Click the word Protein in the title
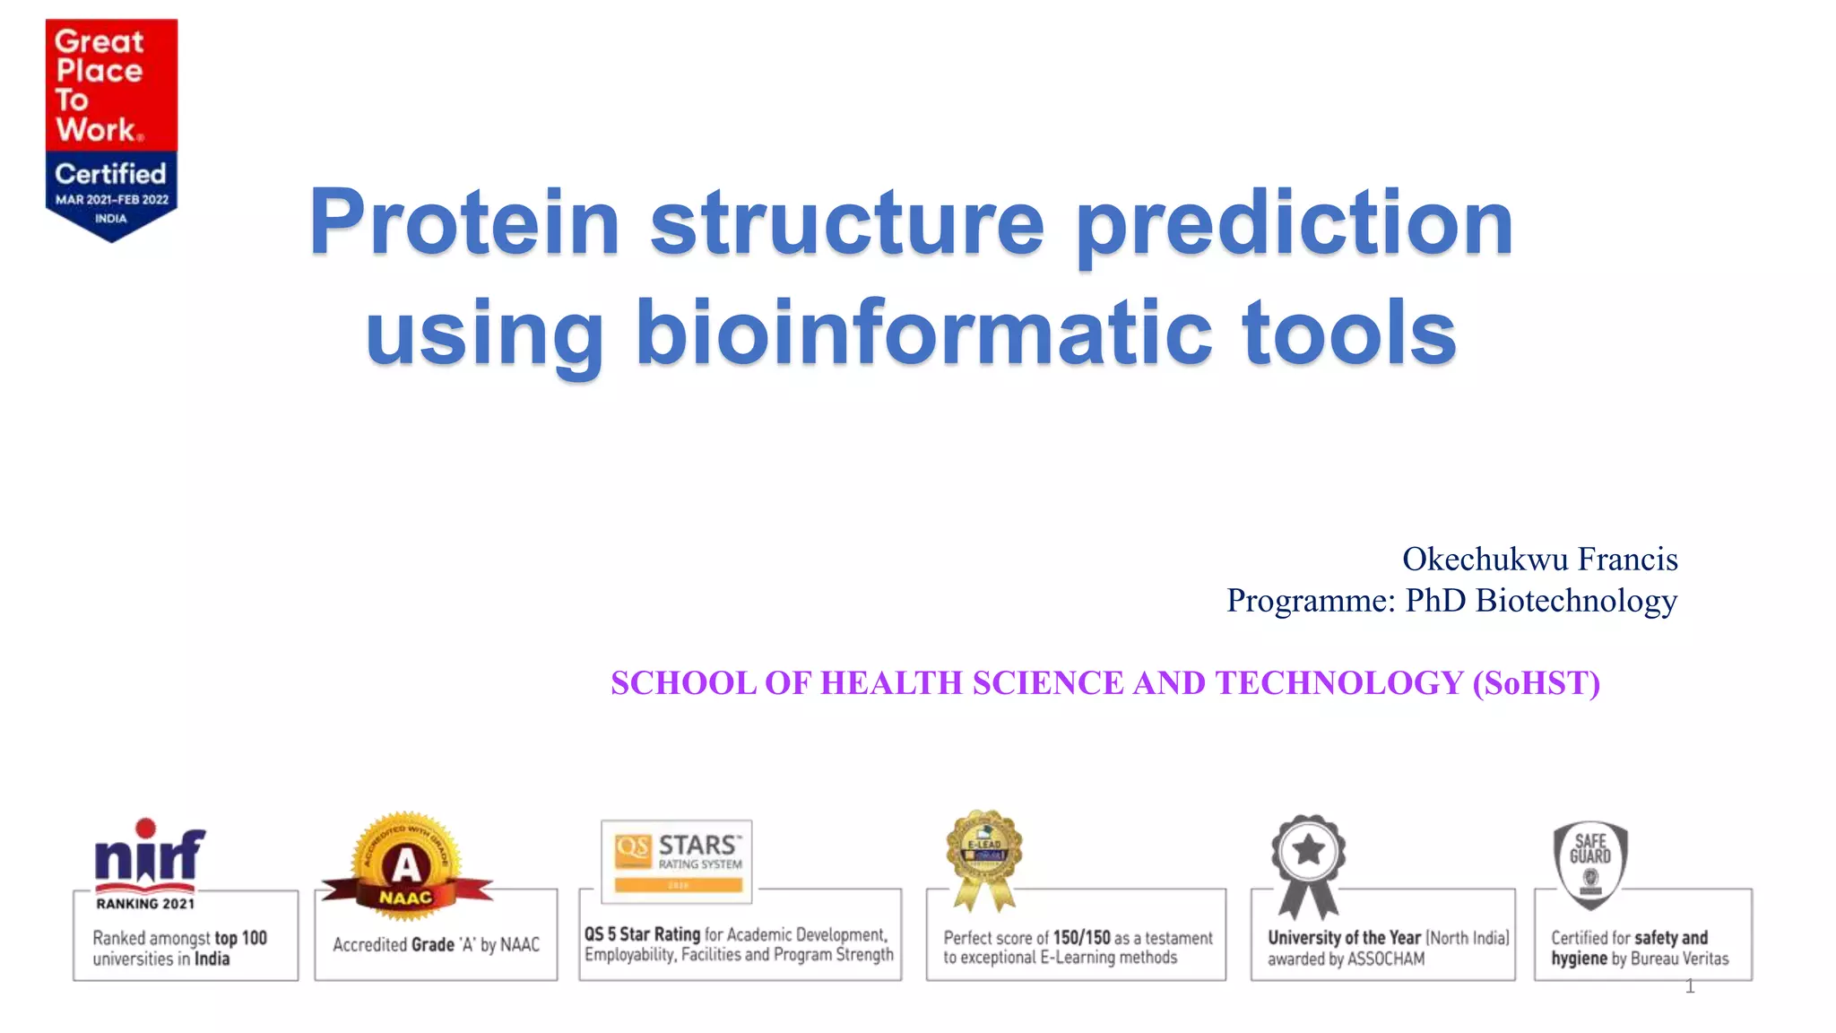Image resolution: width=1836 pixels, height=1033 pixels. [x=464, y=222]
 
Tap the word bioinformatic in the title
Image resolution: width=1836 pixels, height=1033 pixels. [x=923, y=334]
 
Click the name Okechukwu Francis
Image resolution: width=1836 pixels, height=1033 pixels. [x=1539, y=559]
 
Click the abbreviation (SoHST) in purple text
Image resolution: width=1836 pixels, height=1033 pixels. [x=1536, y=683]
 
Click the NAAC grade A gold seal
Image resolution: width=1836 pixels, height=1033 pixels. [x=407, y=866]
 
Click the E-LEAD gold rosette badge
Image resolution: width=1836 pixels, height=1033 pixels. [x=983, y=852]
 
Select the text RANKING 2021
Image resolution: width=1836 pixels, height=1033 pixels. [x=145, y=904]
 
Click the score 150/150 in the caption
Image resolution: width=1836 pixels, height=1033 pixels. [x=1081, y=938]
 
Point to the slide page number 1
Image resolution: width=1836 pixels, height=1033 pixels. [x=1690, y=986]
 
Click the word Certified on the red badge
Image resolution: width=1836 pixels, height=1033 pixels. [x=111, y=173]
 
